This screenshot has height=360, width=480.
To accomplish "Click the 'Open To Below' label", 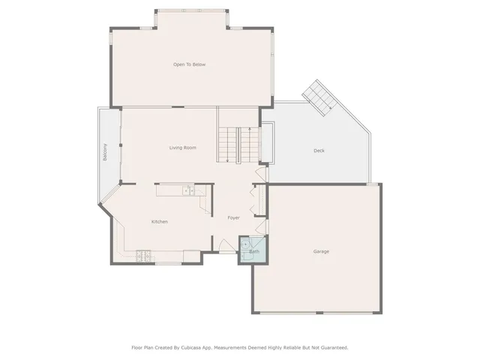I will pos(189,64).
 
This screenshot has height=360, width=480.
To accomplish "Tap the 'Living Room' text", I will pos(182,148).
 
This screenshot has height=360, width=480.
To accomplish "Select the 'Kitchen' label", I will pos(159,221).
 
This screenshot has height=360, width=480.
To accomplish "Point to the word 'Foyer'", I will pos(233,217).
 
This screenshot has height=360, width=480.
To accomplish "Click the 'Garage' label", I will pos(321,251).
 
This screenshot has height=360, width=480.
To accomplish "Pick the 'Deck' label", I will pos(319,151).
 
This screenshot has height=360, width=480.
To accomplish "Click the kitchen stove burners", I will pos(144,258).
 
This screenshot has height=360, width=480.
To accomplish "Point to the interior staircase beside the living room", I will pos(238,144).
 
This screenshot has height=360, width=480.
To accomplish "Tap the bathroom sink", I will pos(245,245).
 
